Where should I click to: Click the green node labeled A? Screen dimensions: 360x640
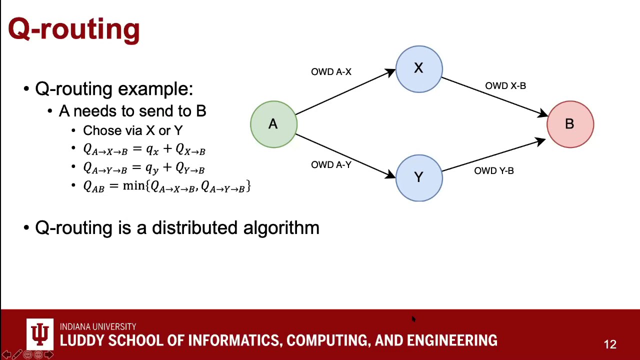[x=273, y=124]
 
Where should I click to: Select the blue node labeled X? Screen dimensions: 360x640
[x=419, y=69]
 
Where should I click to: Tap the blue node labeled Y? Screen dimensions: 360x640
[x=419, y=178]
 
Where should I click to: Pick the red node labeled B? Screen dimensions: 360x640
[x=570, y=124]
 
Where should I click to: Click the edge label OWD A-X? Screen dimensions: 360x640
[x=331, y=72]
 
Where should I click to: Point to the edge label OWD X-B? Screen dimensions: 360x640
[x=505, y=86]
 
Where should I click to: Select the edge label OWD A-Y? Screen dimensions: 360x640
[x=331, y=165]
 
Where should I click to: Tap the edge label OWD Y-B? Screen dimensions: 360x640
[x=493, y=171]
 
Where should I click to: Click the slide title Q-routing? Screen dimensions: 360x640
[x=74, y=29]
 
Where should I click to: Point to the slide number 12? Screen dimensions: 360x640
[x=610, y=344]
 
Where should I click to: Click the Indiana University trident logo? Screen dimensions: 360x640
[x=40, y=333]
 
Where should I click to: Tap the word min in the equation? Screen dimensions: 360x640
[x=133, y=186]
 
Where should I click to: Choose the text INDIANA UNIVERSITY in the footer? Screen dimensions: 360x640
[x=98, y=327]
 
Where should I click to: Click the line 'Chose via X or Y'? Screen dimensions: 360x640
[x=132, y=130]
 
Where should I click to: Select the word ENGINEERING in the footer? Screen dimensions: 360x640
[x=452, y=341]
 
